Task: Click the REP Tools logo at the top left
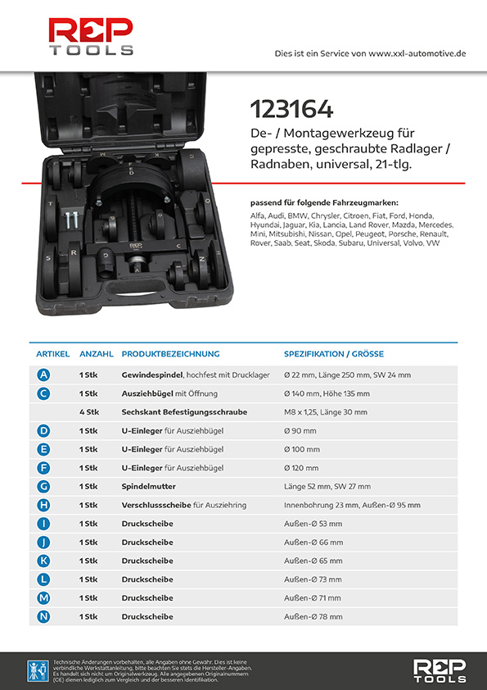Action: (x=91, y=36)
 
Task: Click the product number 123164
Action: (x=292, y=109)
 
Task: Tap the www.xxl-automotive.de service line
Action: (x=370, y=54)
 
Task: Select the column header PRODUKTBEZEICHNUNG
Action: (x=170, y=354)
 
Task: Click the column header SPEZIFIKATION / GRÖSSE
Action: (x=334, y=354)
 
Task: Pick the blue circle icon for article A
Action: (x=43, y=375)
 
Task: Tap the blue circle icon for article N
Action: (x=43, y=616)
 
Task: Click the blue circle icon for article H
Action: (x=43, y=505)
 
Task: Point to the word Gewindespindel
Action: (x=152, y=375)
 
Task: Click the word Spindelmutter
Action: (x=149, y=487)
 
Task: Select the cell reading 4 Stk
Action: (x=89, y=412)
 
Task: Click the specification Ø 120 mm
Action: (x=301, y=468)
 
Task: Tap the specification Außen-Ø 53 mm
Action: (x=313, y=524)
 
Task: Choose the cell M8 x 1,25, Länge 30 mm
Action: (x=326, y=412)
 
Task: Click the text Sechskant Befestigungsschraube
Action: (x=184, y=412)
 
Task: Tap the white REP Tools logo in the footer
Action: (x=440, y=670)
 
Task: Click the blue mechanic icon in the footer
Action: (x=38, y=671)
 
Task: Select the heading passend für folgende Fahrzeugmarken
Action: (x=324, y=203)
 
